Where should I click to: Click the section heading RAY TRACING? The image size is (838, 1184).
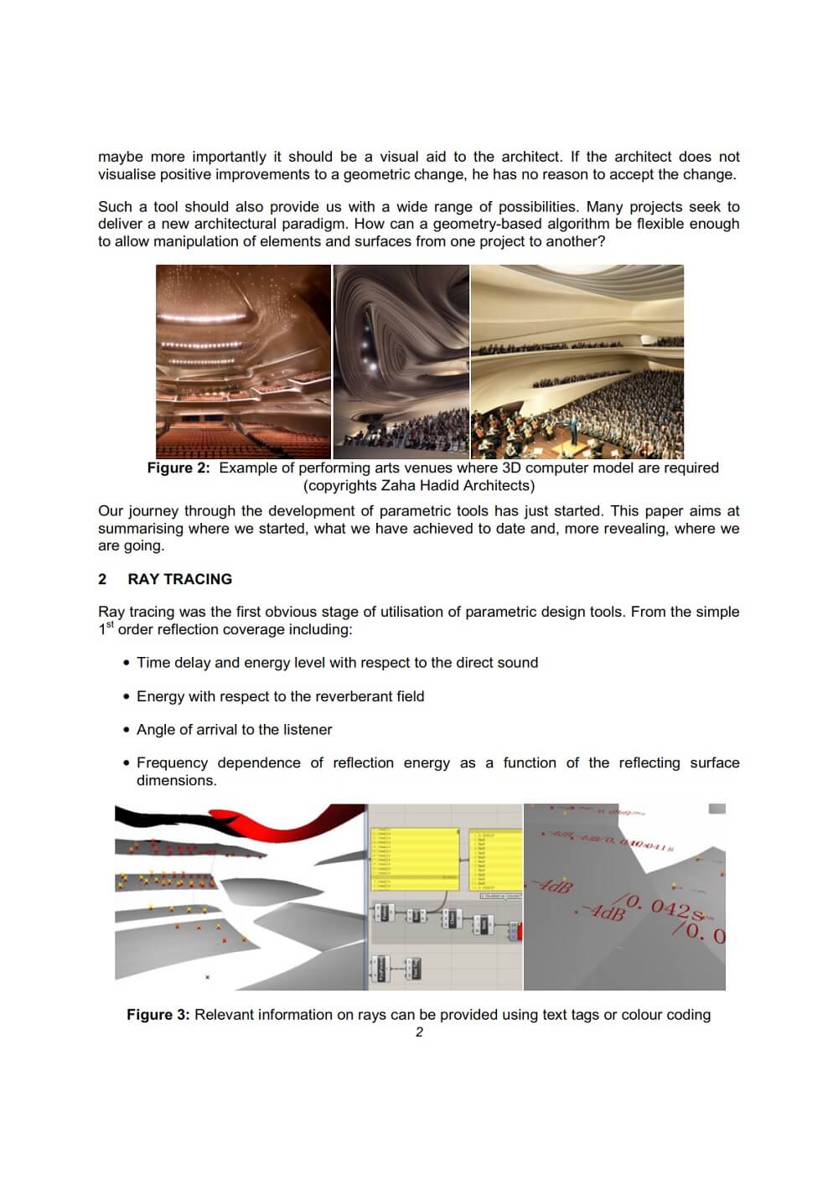[179, 579]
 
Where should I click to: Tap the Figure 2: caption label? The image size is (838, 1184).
[178, 468]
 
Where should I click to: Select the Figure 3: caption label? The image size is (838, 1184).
[158, 1015]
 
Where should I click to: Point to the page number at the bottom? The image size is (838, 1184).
[419, 1032]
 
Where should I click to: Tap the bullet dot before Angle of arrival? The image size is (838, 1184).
[127, 730]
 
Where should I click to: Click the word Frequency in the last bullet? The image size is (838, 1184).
[172, 763]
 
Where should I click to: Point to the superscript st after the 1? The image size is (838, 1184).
[108, 625]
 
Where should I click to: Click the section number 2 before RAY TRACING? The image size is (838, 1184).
[102, 579]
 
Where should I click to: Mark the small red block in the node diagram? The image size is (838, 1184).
[520, 931]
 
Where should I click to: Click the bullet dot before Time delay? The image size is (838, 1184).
[127, 663]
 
